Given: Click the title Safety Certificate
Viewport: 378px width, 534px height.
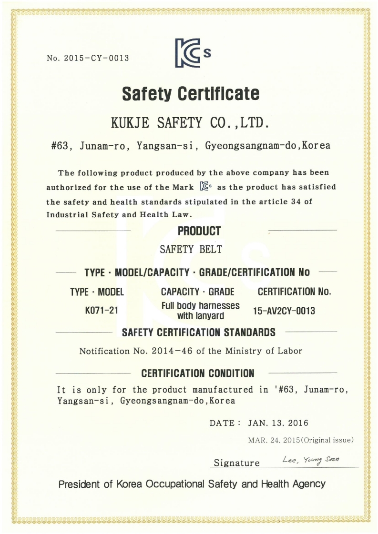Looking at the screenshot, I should coord(191,93).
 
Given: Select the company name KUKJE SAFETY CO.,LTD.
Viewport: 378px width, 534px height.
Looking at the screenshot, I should coord(190,123).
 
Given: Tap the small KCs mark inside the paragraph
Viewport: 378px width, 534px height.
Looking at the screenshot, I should coord(205,187).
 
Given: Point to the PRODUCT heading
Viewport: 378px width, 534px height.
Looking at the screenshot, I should coord(199,232).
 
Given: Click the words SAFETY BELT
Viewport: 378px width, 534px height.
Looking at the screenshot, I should coord(191,249).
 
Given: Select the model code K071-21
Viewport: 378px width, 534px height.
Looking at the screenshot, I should coord(102,311).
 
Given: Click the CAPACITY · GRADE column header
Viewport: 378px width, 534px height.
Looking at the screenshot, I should coord(197,292).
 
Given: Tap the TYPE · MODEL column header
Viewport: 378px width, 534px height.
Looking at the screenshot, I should coord(97,292).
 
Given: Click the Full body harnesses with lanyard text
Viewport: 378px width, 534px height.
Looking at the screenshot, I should coord(201,311).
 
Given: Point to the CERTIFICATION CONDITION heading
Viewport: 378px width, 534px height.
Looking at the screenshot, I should coord(198,373).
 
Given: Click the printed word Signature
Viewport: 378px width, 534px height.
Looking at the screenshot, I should coord(237,463).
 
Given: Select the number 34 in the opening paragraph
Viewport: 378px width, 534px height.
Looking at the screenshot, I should coord(295,201).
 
